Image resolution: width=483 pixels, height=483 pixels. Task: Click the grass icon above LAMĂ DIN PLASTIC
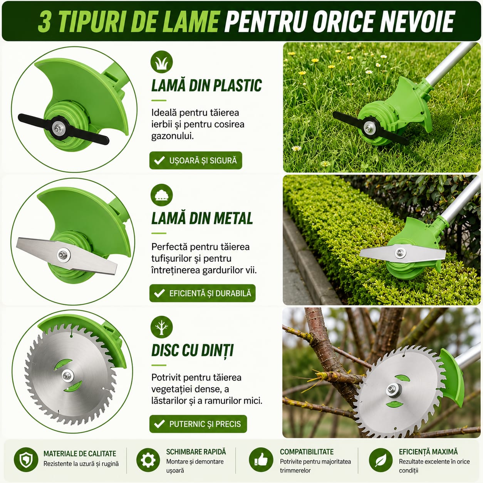(162, 62)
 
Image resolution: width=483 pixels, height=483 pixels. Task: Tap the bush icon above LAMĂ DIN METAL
(162, 195)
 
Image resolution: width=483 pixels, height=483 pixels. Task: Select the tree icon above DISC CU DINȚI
(162, 327)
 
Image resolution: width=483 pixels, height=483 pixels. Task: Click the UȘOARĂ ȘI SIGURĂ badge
(196, 160)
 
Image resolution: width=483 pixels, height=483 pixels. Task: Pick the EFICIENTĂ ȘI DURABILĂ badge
(203, 293)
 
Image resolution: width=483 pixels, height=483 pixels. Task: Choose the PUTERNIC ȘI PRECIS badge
(198, 424)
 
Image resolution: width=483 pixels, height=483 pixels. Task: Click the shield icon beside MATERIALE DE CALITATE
(26, 460)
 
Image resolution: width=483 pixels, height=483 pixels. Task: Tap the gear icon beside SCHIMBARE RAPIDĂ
(148, 460)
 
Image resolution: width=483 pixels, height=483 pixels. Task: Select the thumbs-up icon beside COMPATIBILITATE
(261, 460)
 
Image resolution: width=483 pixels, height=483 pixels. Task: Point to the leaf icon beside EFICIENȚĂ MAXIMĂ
(381, 460)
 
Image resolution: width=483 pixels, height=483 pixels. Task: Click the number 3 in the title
(45, 22)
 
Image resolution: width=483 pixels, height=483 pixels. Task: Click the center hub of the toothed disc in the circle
(67, 376)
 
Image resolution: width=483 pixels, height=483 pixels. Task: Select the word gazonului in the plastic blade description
(173, 136)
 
